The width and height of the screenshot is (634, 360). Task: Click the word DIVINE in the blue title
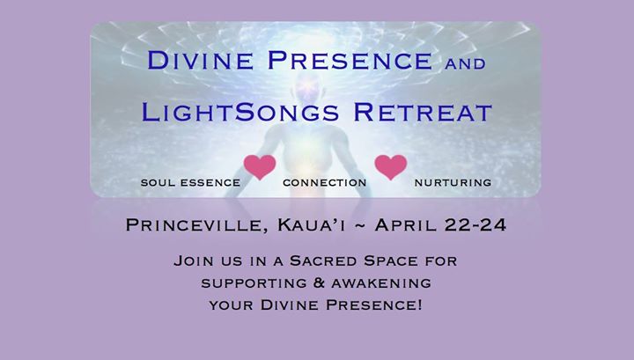200,60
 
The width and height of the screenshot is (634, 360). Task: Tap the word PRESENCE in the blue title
350,60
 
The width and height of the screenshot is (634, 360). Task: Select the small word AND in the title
465,63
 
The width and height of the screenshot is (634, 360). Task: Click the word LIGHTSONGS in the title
240,113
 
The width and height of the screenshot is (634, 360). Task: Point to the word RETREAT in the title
423,113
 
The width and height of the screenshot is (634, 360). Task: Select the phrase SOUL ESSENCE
190,182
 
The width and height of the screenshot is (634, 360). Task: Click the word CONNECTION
325,182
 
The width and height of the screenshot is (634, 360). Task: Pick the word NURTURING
453,182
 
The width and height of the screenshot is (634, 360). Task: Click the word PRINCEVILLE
197,225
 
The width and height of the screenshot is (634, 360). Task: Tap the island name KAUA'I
312,224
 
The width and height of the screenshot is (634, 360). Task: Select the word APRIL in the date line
406,224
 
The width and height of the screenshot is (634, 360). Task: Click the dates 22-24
475,224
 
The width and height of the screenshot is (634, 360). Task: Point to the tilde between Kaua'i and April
360,225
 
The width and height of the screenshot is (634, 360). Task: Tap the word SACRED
323,261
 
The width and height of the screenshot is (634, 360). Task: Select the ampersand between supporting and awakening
319,283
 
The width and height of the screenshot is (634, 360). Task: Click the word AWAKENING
381,283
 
